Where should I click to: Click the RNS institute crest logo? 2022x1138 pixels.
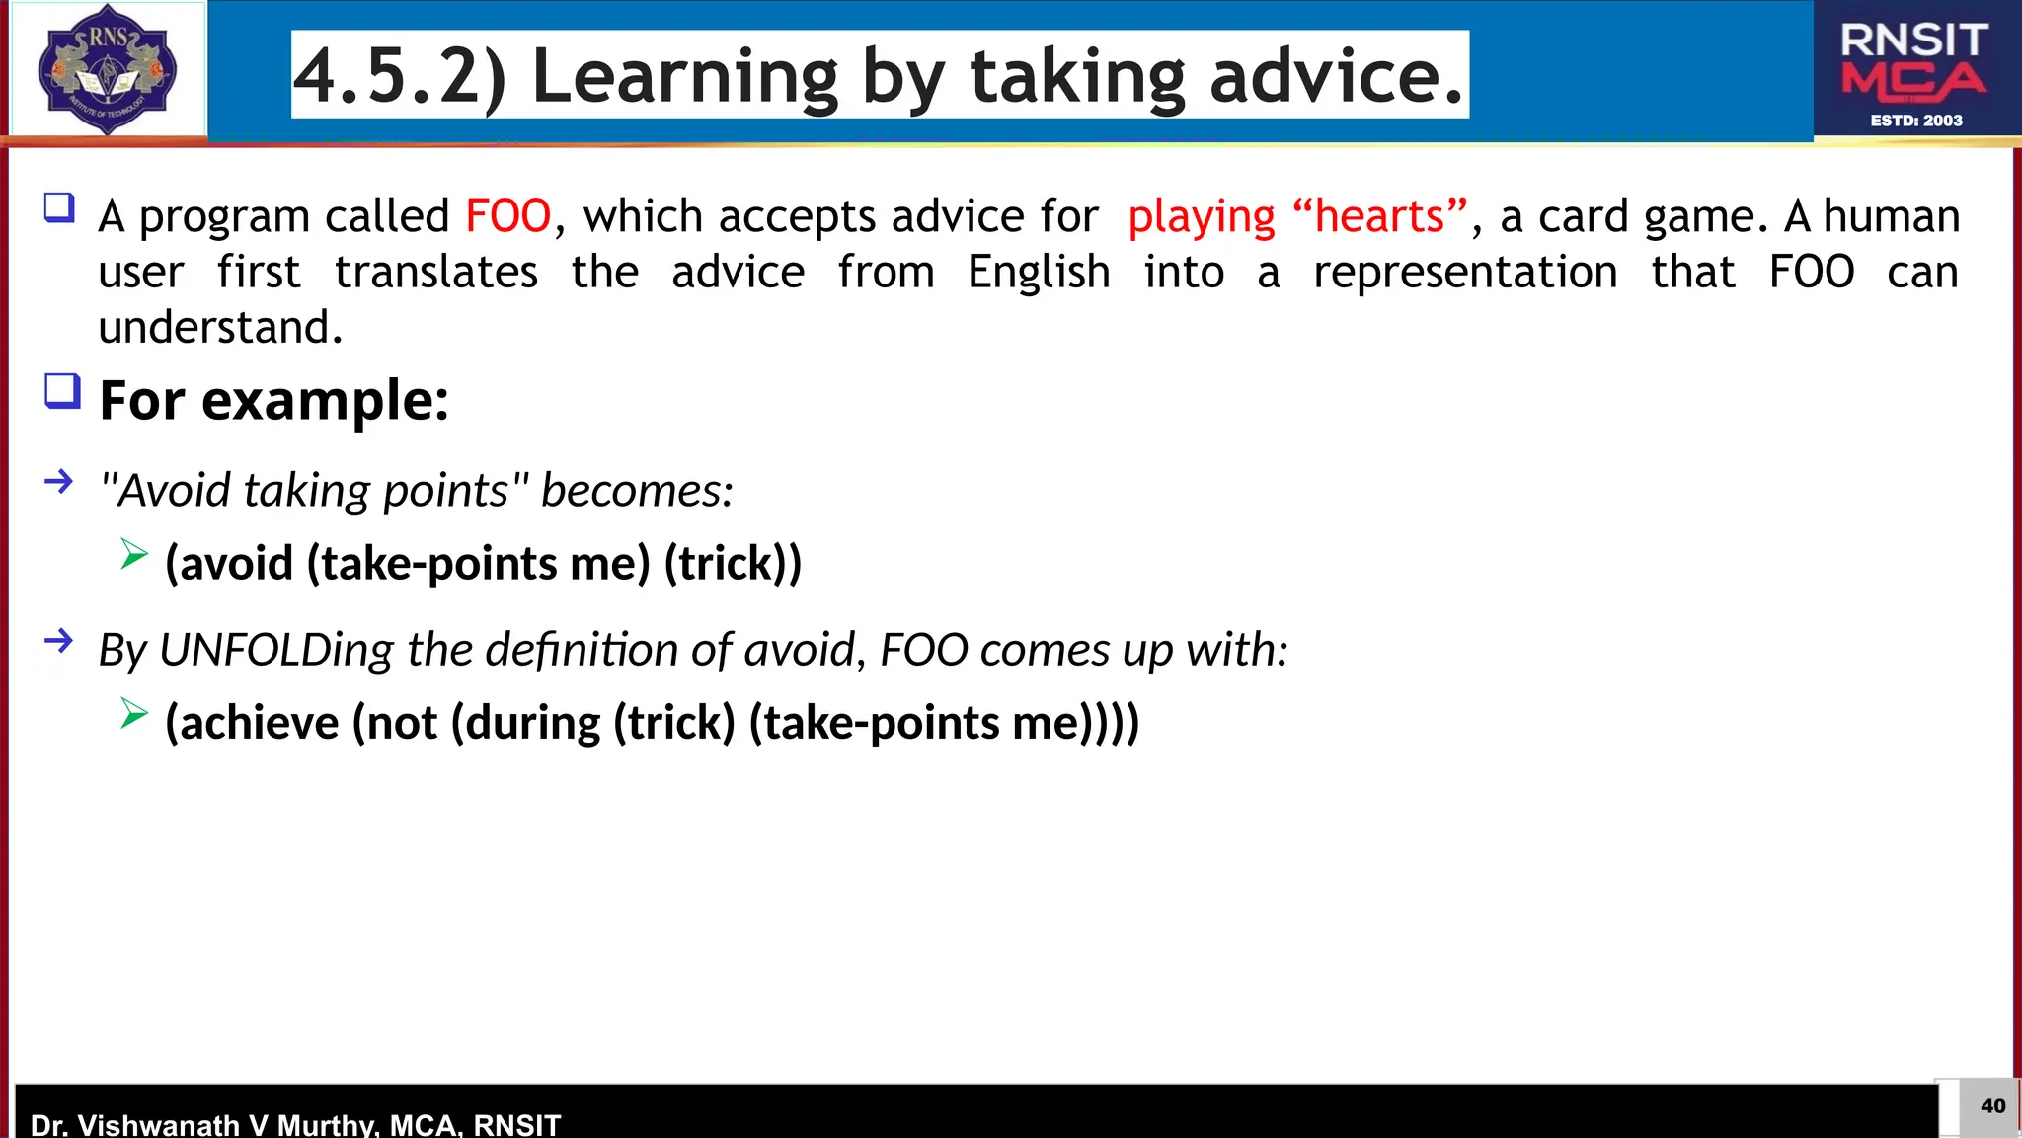click(107, 69)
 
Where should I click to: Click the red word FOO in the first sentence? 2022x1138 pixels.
click(507, 216)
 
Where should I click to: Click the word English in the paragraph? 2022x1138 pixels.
click(1039, 272)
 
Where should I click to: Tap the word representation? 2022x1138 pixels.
click(1465, 272)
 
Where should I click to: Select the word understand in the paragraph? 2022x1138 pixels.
click(219, 327)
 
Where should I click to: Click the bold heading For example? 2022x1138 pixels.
click(274, 400)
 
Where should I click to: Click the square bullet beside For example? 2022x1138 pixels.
click(62, 392)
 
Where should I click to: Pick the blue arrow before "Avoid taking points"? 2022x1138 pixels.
click(59, 482)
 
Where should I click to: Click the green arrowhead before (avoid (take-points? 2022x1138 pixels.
click(134, 554)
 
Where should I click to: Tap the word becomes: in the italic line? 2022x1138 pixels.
click(637, 491)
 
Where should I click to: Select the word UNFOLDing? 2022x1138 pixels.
click(276, 650)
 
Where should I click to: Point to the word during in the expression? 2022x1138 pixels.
click(532, 723)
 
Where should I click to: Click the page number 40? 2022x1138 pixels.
click(1992, 1106)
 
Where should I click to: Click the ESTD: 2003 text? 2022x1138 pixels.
click(1916, 121)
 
